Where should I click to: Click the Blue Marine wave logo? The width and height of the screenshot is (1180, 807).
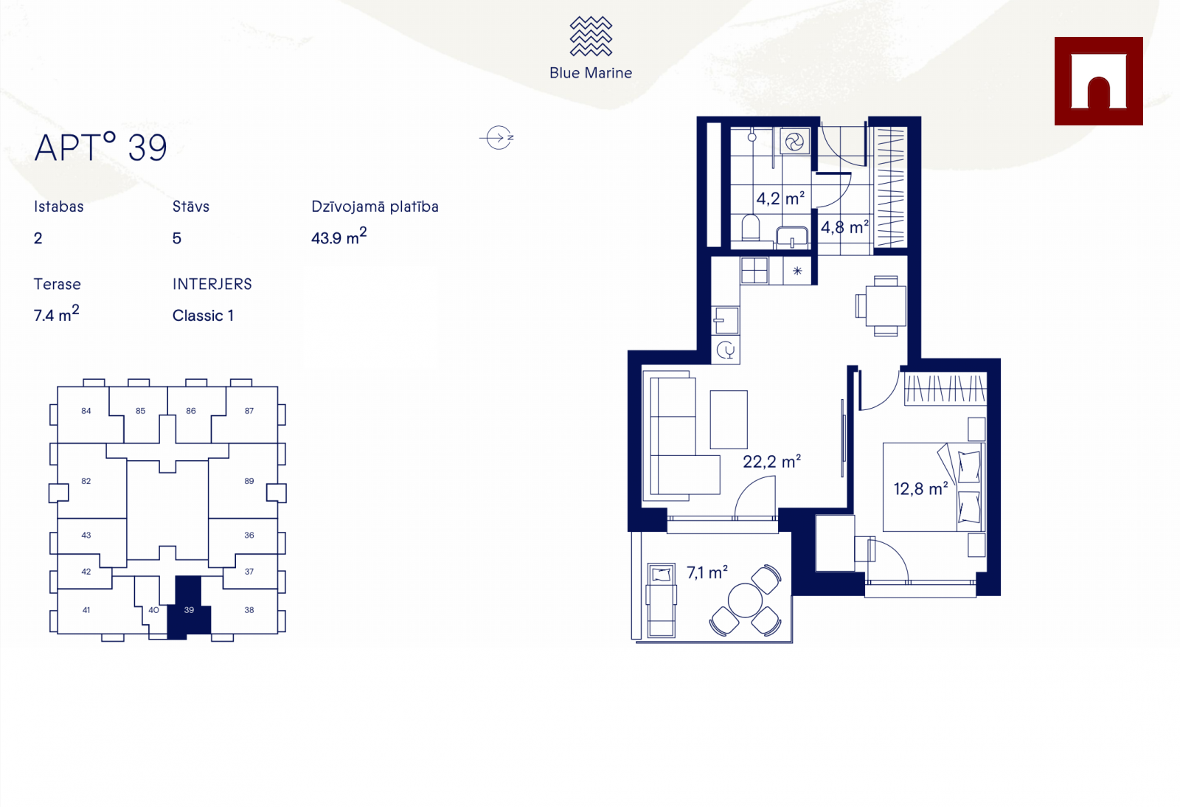tap(591, 36)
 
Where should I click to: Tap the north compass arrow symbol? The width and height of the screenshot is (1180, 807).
tap(497, 138)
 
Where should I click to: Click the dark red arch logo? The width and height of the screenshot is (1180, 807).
tap(1098, 81)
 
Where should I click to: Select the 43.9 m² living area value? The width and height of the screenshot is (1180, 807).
tap(339, 236)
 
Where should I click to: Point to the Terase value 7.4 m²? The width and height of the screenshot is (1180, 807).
tap(56, 314)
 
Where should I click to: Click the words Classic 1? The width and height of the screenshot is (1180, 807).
tap(203, 316)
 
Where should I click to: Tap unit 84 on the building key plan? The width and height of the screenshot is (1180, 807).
tap(86, 411)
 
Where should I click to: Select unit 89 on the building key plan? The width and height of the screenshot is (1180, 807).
tap(249, 481)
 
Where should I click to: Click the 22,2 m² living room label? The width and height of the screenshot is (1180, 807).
tap(771, 462)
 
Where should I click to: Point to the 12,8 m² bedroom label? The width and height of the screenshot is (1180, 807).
tap(921, 488)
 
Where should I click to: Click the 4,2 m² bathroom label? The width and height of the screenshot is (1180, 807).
tap(780, 198)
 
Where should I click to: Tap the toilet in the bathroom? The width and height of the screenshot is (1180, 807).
tap(750, 227)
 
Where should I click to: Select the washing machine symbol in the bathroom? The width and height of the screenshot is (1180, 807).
tap(794, 142)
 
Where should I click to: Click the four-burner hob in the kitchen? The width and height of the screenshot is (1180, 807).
tap(754, 270)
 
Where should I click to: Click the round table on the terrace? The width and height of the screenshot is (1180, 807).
tap(745, 600)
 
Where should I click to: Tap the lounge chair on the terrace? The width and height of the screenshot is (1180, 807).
tap(661, 600)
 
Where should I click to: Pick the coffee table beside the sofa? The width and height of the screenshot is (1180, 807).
tap(729, 419)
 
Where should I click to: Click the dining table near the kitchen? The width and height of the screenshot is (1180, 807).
tap(886, 305)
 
